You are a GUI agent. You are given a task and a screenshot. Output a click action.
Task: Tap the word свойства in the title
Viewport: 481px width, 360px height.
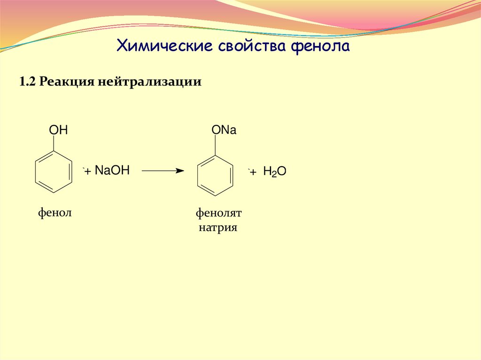252,46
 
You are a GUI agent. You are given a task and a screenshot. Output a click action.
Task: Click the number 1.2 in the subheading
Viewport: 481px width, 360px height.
28,82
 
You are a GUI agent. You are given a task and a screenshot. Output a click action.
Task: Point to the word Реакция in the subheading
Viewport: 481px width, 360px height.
67,82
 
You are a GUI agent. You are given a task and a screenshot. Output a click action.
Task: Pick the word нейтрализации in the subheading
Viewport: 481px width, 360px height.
150,82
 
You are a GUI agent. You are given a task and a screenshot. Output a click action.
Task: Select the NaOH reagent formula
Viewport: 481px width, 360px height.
112,170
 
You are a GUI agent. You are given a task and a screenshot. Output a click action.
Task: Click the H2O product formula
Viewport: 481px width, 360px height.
274,172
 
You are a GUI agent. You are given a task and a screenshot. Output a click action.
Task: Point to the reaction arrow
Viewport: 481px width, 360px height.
163,171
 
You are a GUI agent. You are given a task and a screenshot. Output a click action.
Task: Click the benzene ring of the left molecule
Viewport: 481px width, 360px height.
54,171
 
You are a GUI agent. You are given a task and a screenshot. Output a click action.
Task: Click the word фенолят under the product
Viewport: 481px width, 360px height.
218,214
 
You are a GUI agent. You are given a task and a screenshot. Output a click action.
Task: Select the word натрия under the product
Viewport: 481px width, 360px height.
218,228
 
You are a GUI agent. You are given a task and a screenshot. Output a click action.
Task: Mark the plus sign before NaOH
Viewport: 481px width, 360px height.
87,172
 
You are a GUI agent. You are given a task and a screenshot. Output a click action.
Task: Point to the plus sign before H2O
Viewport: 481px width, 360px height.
253,173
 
